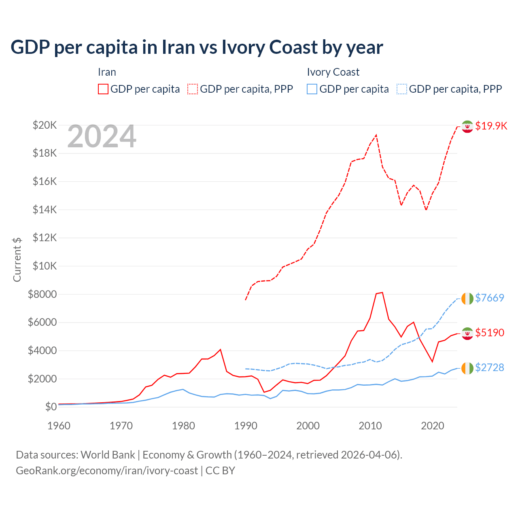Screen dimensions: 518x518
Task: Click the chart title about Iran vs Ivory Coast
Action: [x=197, y=47]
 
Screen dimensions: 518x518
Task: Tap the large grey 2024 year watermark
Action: [x=102, y=137]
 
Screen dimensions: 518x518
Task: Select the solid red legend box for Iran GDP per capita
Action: [x=103, y=89]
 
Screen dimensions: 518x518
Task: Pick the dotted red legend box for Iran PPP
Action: [x=193, y=89]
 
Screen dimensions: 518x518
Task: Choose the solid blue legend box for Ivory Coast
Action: [x=312, y=89]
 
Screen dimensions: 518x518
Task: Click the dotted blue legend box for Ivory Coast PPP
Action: [x=402, y=89]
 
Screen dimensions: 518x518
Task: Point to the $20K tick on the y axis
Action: [x=45, y=125]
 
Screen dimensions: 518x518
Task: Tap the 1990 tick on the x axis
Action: [x=246, y=426]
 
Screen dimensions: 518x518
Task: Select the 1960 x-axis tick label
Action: [x=59, y=426]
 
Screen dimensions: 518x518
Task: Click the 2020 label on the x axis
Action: [x=433, y=426]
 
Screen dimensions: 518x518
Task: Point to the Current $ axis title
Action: [x=17, y=259]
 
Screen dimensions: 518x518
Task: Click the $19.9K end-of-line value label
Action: [x=491, y=126]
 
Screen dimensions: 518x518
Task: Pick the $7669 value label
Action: [x=489, y=298]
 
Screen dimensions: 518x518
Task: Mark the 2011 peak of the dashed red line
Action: [x=376, y=135]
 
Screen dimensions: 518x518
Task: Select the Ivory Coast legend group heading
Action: [x=333, y=72]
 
